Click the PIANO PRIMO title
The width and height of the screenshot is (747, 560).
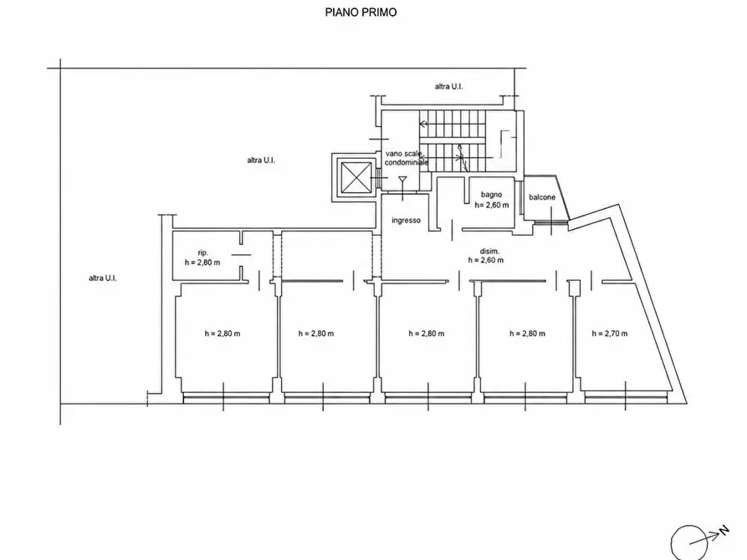point(361,12)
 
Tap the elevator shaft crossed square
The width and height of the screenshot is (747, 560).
point(356,177)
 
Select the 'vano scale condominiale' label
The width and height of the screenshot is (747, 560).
point(406,158)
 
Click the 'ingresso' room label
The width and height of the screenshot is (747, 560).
point(406,220)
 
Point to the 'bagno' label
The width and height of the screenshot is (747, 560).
point(491,194)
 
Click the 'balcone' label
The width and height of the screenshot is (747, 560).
point(542,197)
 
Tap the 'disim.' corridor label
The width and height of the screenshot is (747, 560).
point(489,251)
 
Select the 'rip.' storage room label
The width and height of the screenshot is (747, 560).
point(203,253)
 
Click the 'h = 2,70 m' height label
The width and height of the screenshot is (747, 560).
point(609,333)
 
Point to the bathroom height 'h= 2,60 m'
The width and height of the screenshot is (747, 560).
point(492,205)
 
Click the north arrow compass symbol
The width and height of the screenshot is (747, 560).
point(690,542)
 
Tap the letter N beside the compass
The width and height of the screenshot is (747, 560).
point(724,531)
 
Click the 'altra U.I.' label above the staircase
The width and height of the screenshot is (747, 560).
point(448,86)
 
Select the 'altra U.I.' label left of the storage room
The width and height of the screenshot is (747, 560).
point(102,278)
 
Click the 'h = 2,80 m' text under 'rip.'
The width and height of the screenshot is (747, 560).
point(202,262)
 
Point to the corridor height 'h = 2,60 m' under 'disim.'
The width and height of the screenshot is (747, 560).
point(485,260)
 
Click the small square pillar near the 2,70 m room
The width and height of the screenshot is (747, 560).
point(575,288)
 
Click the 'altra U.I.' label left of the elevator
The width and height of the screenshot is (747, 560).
point(261,160)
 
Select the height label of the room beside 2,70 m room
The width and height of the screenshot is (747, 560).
point(527,333)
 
